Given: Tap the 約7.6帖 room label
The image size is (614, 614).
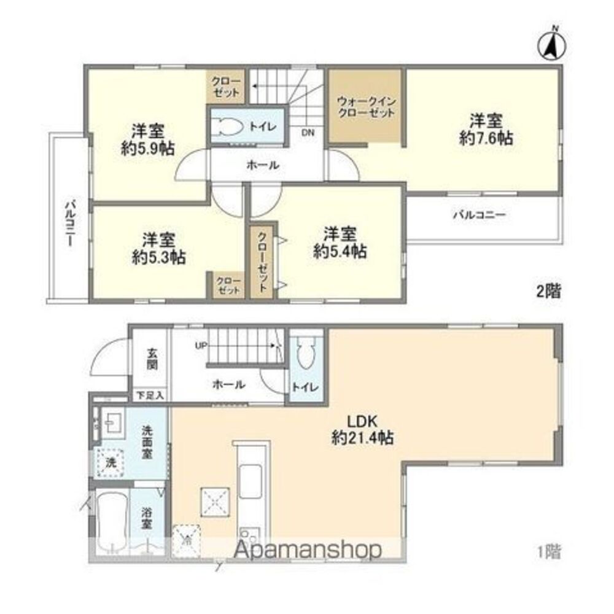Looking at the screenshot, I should (x=486, y=128).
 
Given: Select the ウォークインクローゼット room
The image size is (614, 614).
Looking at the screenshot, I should (x=365, y=107).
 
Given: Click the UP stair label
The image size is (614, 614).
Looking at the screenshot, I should (x=201, y=346).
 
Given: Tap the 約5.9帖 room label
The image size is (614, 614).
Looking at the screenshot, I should (x=147, y=139).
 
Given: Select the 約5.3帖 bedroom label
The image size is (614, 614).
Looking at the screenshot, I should (x=159, y=247).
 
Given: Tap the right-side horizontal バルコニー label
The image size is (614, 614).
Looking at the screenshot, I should (x=479, y=215).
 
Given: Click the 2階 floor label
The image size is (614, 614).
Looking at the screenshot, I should (x=548, y=291).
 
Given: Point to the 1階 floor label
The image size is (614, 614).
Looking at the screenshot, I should (x=548, y=552).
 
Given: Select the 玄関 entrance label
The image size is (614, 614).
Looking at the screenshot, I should (x=152, y=359).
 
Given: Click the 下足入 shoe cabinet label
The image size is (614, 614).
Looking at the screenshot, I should (x=150, y=395).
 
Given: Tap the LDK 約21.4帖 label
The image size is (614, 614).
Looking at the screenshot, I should (x=362, y=430).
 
